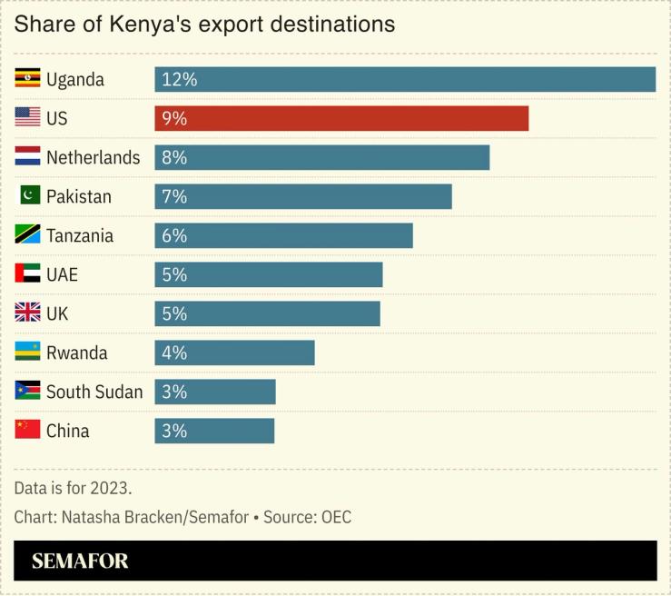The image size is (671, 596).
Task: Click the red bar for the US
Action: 341,118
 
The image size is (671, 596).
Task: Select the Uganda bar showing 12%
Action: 405,79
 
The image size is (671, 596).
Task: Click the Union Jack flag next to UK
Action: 27,313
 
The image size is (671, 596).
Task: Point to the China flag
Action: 27,430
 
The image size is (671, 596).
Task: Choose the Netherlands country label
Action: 93,157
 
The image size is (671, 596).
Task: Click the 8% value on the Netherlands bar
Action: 173,157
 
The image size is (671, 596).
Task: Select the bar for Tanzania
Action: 283,235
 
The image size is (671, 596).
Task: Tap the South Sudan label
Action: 94,392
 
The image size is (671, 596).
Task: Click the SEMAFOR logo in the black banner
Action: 80,561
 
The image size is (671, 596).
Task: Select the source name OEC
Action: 332,517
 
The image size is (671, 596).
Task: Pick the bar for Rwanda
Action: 234,353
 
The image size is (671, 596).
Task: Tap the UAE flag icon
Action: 27,273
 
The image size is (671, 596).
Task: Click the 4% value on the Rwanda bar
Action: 173,353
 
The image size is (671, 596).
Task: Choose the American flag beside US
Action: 27,117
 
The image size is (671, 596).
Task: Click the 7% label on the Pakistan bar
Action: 173,196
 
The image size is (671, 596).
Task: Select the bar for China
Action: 214,431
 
